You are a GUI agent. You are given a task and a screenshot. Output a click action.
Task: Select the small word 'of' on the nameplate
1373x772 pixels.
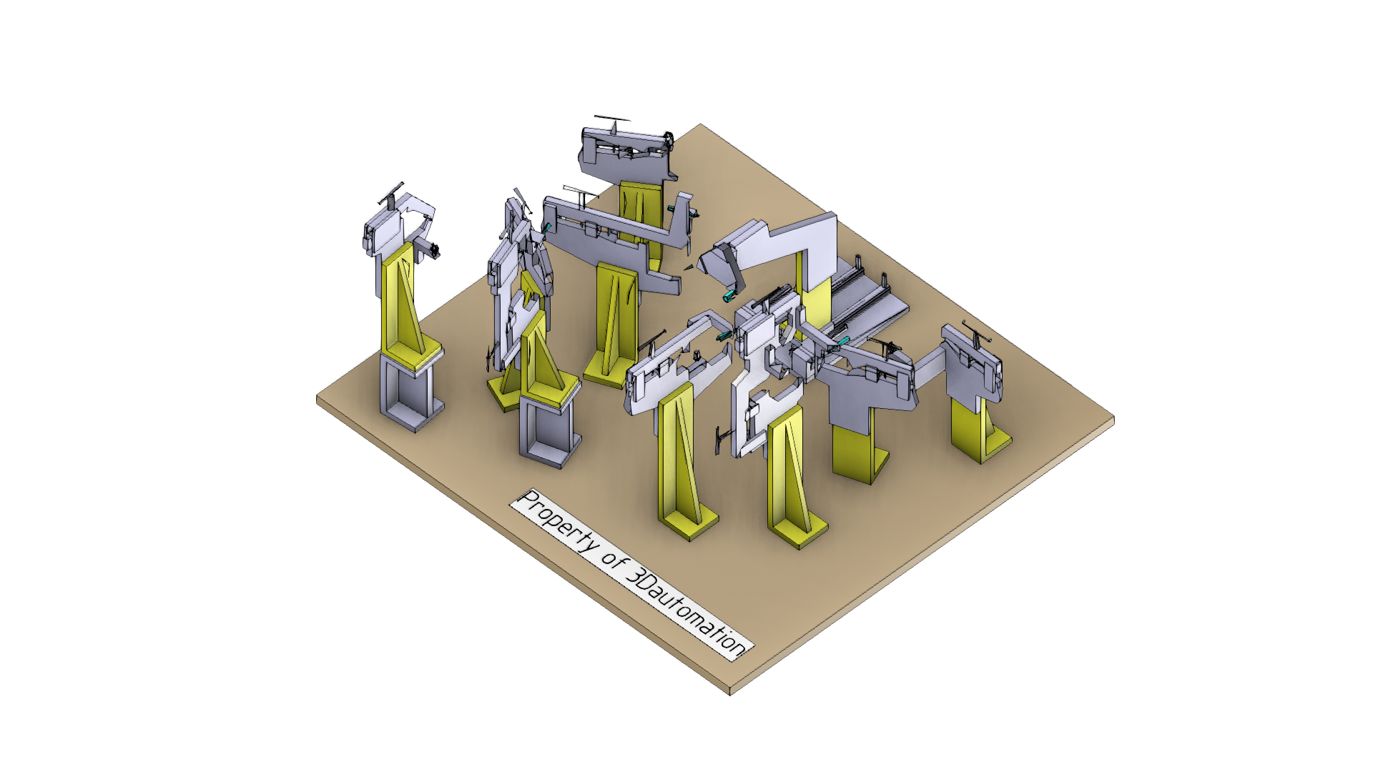614,558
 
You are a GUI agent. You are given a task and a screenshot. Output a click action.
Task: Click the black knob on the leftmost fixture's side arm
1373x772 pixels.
434,250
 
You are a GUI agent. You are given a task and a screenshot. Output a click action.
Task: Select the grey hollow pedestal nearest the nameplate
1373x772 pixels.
549,432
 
